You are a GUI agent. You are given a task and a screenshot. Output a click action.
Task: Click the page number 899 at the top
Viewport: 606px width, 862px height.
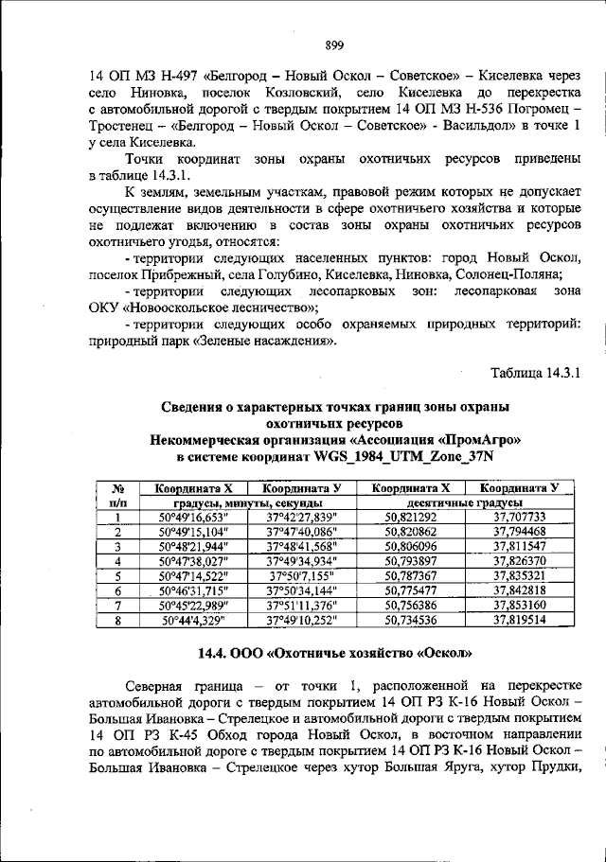pos(332,44)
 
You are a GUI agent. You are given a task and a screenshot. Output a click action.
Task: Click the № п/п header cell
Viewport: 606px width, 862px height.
pos(115,495)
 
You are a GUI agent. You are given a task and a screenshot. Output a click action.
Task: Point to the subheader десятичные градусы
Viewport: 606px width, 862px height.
pos(465,503)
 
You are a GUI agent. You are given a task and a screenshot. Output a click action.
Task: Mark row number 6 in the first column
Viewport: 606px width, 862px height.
pos(115,589)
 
